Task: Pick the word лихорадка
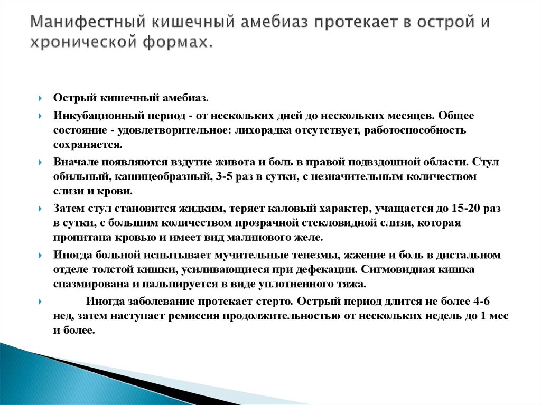click(253, 129)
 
